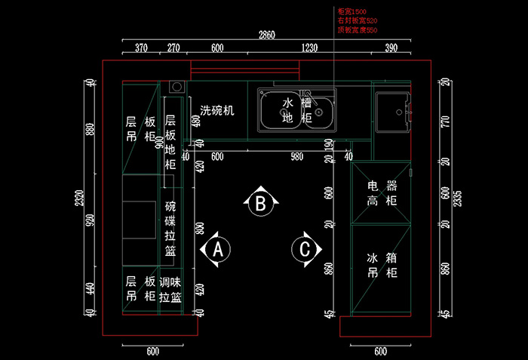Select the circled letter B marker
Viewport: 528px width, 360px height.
click(260, 202)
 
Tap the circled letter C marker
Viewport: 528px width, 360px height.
click(305, 248)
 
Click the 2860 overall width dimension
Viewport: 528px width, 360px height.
click(267, 35)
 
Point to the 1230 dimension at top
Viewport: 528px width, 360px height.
click(309, 48)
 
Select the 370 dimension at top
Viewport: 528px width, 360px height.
click(141, 48)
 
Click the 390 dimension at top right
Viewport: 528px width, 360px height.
click(391, 48)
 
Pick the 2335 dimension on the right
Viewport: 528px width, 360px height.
click(457, 198)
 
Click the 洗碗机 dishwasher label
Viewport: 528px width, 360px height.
click(217, 110)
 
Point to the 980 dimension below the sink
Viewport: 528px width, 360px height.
click(297, 156)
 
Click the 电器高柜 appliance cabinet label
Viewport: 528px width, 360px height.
click(382, 192)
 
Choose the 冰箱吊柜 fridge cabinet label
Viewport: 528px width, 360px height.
click(382, 265)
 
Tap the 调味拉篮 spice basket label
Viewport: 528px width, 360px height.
click(170, 289)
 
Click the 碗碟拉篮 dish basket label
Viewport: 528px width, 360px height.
click(170, 229)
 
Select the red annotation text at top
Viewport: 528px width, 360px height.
click(358, 21)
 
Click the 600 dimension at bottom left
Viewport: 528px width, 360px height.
click(152, 351)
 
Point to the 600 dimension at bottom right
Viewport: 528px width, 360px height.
click(380, 351)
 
